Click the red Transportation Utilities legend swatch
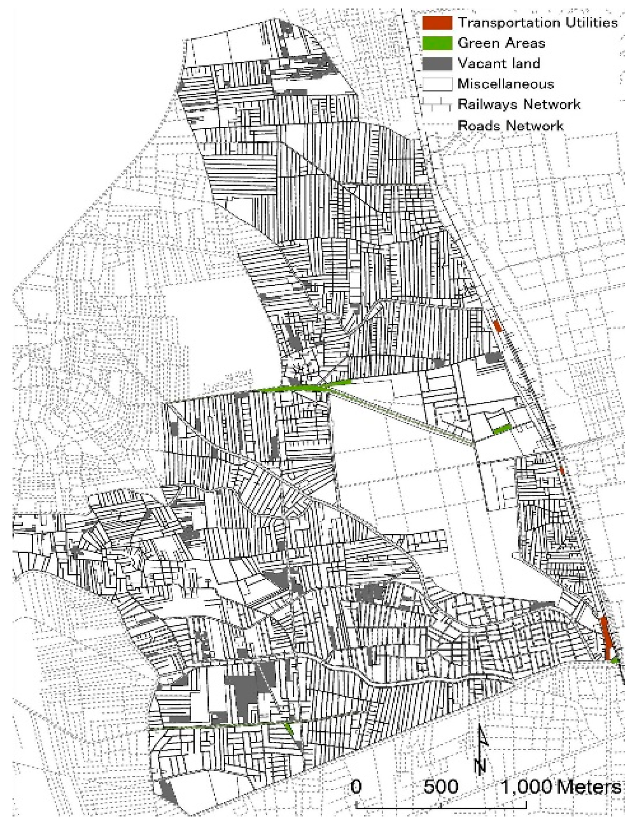437,23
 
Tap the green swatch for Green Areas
437,43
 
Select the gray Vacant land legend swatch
437,64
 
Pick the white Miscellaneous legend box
437,84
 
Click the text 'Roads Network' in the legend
510,126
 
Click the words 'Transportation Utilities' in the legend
537,23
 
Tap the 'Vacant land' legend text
499,64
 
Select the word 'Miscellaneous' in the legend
506,84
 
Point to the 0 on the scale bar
356,787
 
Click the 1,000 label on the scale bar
527,787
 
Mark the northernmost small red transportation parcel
497,326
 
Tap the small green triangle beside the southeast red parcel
615,661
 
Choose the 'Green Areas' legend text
501,43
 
